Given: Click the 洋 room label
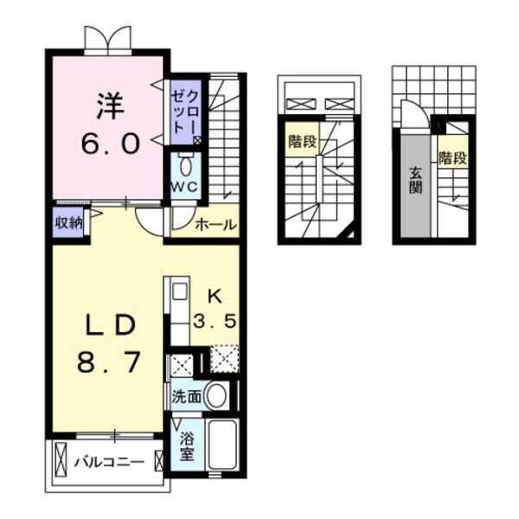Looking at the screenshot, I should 109,106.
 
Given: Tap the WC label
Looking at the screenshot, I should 183,186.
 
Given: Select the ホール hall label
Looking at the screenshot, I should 215,225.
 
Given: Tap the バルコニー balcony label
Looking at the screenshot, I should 107,461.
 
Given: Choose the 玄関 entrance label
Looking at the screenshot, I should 415,176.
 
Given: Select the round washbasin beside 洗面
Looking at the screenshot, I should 216,397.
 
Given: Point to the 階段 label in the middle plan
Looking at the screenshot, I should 302,141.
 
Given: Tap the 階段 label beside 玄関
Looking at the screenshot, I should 452,158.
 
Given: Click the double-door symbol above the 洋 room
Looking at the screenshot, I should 108,40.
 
